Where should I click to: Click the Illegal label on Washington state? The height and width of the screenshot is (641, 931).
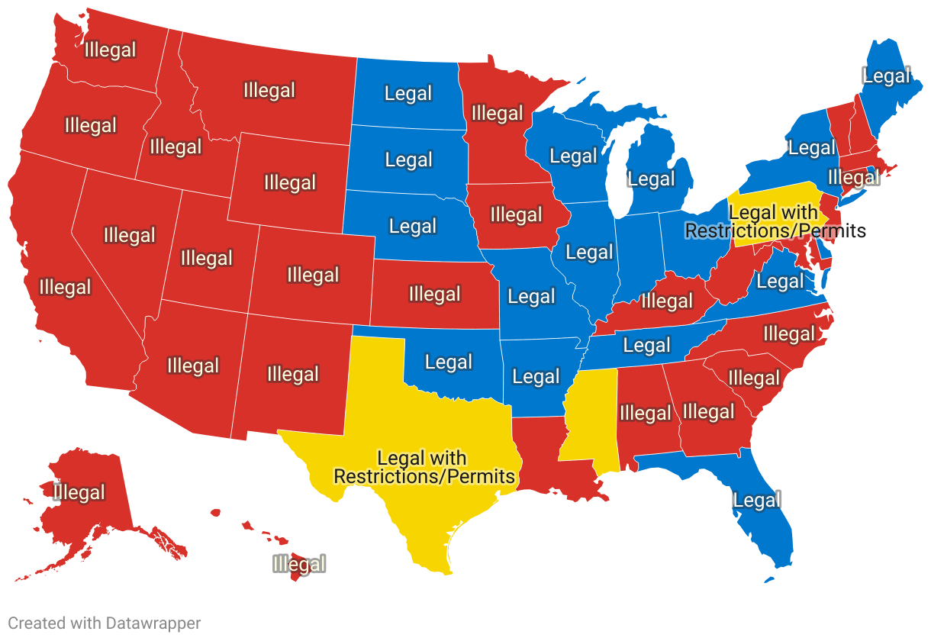(111, 50)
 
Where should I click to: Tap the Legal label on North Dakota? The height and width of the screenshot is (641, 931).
(408, 94)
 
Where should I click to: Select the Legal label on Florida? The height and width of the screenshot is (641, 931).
(757, 501)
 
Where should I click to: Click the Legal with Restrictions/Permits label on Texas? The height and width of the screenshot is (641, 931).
(424, 468)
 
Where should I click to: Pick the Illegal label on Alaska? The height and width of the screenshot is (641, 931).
(79, 493)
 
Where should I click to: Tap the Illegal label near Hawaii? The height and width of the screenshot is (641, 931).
(299, 565)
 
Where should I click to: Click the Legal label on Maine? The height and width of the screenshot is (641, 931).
(886, 76)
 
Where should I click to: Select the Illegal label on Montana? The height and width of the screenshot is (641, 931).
(269, 91)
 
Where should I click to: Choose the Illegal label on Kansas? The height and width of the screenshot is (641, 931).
(435, 295)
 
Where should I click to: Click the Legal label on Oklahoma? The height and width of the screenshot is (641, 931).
(449, 362)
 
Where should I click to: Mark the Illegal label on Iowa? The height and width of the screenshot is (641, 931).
(517, 215)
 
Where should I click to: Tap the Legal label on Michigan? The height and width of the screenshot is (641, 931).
(652, 179)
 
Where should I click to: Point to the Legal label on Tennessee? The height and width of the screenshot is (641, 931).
(646, 346)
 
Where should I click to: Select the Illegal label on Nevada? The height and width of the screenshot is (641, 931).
(130, 236)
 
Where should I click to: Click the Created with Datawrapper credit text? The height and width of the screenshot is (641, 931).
(105, 623)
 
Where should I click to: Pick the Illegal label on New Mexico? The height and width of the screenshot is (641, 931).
(293, 375)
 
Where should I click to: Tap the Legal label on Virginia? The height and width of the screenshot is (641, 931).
(780, 282)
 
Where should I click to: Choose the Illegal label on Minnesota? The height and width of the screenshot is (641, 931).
(498, 114)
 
